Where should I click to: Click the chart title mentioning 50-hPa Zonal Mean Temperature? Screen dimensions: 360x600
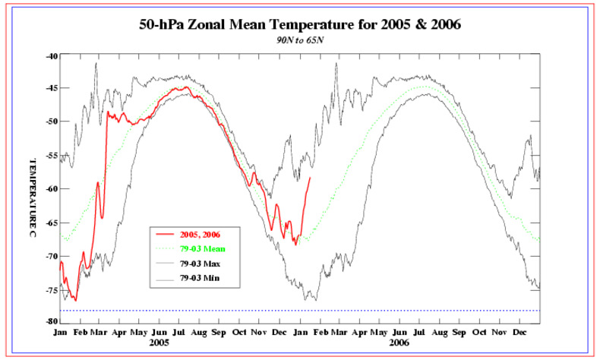(300, 24)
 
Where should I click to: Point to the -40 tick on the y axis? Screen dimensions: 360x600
(51, 55)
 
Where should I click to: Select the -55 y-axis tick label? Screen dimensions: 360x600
(51, 155)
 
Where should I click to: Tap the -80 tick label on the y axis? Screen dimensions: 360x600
(51, 321)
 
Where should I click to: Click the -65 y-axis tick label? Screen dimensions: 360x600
(51, 222)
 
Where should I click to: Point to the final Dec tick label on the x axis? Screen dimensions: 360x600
(520, 333)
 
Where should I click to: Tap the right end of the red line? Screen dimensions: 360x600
(310, 178)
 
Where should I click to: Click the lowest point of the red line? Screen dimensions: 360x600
(75, 300)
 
